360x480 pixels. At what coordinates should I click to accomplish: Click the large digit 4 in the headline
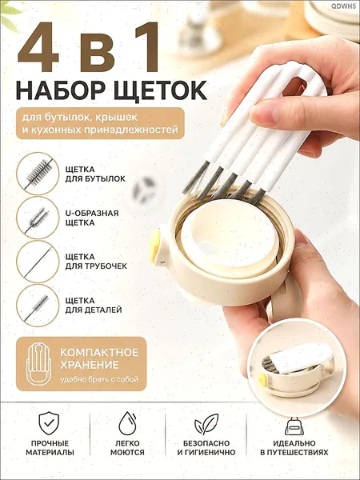tap(38, 47)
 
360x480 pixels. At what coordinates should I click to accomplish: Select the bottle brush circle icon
tap(38, 174)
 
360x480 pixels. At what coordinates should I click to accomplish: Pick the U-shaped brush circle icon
tap(38, 218)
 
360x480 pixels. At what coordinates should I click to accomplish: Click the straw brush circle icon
tap(38, 262)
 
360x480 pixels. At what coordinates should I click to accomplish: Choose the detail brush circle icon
tap(38, 306)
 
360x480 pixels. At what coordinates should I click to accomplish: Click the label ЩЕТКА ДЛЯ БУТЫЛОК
tap(95, 174)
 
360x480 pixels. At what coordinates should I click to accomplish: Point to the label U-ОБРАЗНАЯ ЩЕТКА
tap(92, 218)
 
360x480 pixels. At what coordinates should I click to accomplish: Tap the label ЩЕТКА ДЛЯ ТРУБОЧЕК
tap(96, 262)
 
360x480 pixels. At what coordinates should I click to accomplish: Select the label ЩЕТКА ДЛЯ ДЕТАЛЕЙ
tap(94, 306)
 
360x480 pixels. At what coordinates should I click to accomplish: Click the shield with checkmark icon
tap(49, 423)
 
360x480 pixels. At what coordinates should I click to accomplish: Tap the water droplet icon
tap(127, 423)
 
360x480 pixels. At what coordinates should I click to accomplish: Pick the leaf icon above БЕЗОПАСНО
tap(206, 424)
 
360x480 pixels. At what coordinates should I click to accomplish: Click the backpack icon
tap(294, 426)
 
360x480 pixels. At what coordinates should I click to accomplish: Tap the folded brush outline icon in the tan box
tap(38, 364)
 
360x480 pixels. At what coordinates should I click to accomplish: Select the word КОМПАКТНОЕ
tap(99, 352)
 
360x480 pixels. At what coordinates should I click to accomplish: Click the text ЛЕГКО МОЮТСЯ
tap(127, 447)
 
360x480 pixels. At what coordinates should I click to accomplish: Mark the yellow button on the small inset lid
tap(262, 379)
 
